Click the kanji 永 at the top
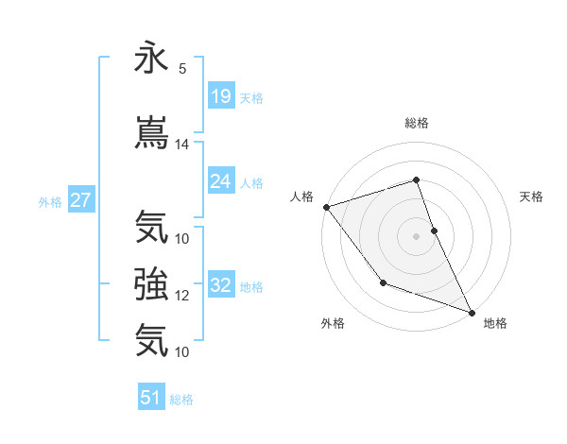(x=151, y=59)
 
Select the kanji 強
(x=151, y=282)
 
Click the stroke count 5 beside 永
(x=181, y=69)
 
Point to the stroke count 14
(x=182, y=145)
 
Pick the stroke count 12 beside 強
(x=182, y=296)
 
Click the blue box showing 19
(x=221, y=96)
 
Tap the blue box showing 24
(x=221, y=181)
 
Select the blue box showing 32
(x=221, y=285)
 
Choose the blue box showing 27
(x=80, y=200)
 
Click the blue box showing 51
(x=151, y=398)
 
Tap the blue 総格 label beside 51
(x=181, y=400)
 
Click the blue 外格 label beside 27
(x=50, y=201)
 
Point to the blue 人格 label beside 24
(x=251, y=182)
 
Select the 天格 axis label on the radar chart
(x=532, y=196)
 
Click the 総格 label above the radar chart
(x=416, y=123)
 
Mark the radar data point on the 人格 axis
(x=326, y=207)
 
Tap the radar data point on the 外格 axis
(x=383, y=282)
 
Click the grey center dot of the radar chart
(x=416, y=236)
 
